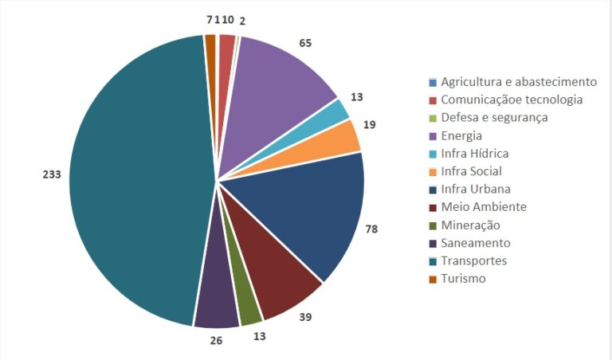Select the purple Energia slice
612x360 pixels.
(x=283, y=88)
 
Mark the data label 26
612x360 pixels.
(x=215, y=340)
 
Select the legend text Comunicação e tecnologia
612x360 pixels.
(x=512, y=100)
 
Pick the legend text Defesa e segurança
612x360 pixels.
(x=494, y=118)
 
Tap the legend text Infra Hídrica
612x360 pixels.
(x=474, y=154)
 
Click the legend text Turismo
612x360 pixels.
(x=463, y=279)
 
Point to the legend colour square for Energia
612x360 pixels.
(x=432, y=136)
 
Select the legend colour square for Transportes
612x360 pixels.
(x=432, y=261)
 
